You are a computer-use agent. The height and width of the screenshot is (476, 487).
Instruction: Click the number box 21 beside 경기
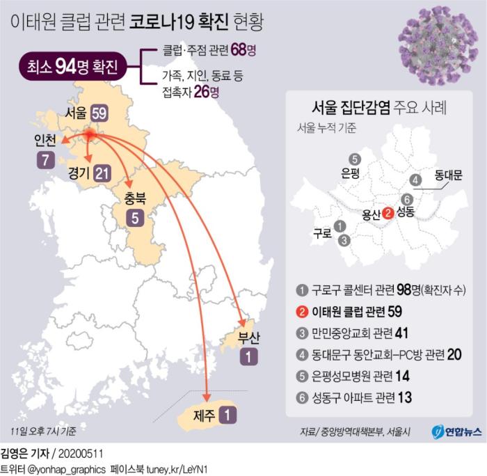pyautogui.click(x=102, y=173)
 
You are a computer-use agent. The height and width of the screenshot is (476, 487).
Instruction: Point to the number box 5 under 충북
pyautogui.click(x=135, y=217)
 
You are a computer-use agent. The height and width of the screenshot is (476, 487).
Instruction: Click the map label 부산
pyautogui.click(x=248, y=340)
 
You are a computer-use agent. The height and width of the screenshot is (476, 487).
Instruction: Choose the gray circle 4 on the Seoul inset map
pyautogui.click(x=416, y=180)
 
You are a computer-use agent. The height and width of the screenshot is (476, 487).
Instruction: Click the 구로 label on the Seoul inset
pyautogui.click(x=322, y=234)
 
